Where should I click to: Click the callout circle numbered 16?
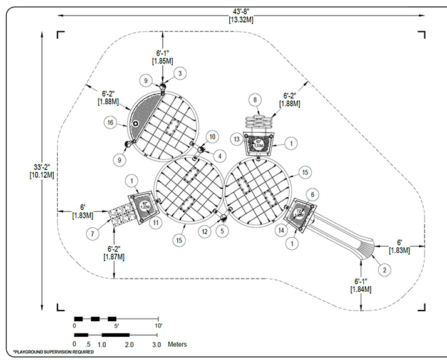[x=110, y=123]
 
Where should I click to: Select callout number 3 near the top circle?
[x=180, y=73]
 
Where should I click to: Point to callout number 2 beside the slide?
[x=385, y=269]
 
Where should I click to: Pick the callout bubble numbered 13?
[x=237, y=138]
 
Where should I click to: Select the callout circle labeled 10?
[x=212, y=136]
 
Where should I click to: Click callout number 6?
[x=314, y=195]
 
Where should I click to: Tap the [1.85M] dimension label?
[x=162, y=61]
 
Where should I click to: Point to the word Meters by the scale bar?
[x=177, y=344]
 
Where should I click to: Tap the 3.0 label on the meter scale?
[x=156, y=344]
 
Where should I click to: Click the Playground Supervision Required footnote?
[x=53, y=352]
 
